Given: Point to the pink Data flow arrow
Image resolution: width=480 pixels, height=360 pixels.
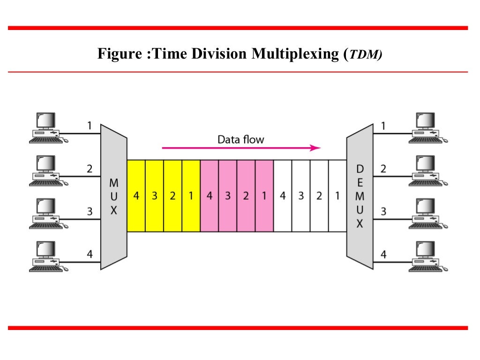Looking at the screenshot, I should click(241, 148).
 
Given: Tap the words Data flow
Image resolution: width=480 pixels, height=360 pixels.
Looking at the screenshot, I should click(241, 139).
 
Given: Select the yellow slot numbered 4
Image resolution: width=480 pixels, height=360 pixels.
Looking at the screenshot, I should click(136, 196).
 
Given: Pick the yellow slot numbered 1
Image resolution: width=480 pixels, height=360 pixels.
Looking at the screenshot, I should click(191, 196).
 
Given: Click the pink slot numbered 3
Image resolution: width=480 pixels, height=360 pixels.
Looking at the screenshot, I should click(227, 196).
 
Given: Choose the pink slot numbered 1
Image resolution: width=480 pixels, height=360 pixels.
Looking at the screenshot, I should click(264, 196).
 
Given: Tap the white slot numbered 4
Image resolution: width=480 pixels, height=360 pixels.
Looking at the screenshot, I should click(282, 196).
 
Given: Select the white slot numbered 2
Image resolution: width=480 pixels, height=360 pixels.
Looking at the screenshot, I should click(319, 196).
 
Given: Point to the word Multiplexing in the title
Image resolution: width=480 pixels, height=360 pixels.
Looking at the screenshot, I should click(296, 54).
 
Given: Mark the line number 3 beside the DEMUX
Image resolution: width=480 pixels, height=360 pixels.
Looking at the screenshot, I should click(383, 211).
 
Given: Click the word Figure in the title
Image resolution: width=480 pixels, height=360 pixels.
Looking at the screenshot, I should click(117, 54).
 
